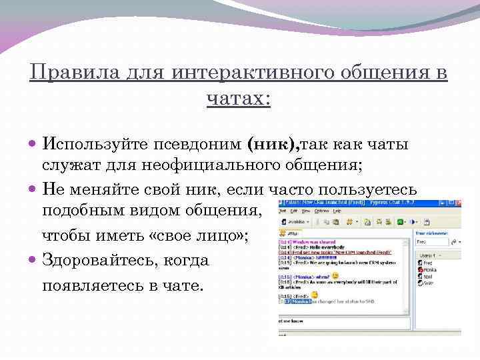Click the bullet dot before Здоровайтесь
tap(34, 259)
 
